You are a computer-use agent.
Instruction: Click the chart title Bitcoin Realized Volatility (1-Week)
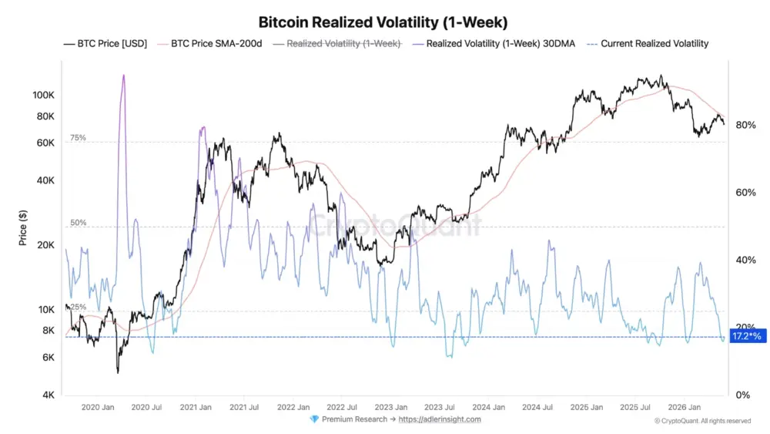[383, 22]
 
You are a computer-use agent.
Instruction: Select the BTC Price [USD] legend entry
[105, 44]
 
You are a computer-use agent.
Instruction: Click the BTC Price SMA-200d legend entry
[209, 44]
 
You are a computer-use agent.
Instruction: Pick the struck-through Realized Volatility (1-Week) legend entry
[337, 44]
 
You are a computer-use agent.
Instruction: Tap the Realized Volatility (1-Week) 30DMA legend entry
[494, 44]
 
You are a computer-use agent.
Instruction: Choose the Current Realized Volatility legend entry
[648, 44]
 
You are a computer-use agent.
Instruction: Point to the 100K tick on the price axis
[43, 95]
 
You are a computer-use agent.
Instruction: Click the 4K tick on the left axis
[48, 395]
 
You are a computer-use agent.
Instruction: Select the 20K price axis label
[45, 245]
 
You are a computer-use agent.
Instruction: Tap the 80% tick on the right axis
[745, 125]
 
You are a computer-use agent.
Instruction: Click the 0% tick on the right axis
[742, 395]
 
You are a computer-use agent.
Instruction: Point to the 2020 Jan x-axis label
[98, 407]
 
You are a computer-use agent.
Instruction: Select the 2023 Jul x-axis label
[440, 407]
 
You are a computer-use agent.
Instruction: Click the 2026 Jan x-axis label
[685, 407]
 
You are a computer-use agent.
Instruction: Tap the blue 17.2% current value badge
[748, 336]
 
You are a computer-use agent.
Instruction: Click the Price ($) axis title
[23, 227]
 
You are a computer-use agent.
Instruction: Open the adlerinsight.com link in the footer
[440, 419]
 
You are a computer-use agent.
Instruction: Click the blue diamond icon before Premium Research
[314, 419]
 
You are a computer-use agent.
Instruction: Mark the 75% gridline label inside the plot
[78, 138]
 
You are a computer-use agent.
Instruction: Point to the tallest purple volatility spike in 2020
[123, 76]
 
